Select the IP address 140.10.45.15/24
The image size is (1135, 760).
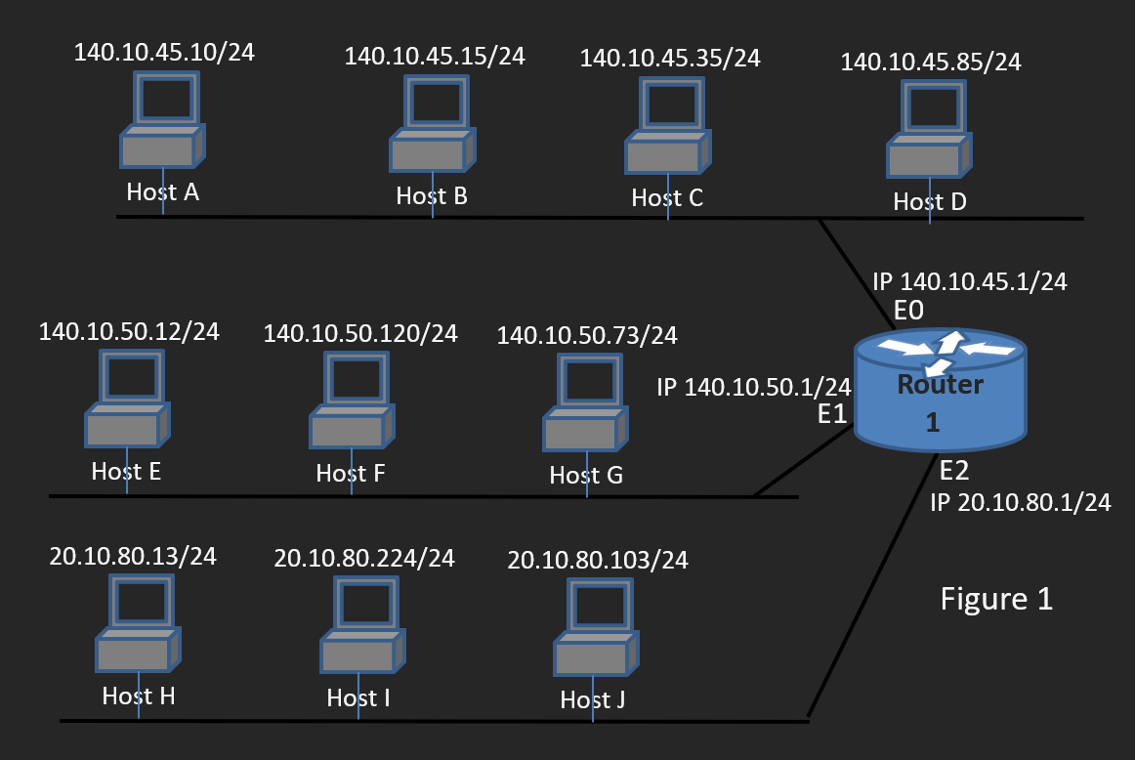(x=435, y=57)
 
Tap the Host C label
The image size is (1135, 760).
(x=667, y=198)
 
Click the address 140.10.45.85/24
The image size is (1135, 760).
(x=931, y=63)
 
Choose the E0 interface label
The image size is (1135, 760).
(x=908, y=311)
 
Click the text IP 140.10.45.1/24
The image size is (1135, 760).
(x=969, y=282)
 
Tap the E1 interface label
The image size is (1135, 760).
(x=832, y=414)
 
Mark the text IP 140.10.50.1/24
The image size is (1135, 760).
(x=754, y=387)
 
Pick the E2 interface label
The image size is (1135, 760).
(x=954, y=472)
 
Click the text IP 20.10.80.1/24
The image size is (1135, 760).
(x=1021, y=503)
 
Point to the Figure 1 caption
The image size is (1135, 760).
(x=996, y=598)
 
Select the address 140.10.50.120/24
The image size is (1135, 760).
(x=360, y=334)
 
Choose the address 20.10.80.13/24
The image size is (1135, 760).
(x=133, y=557)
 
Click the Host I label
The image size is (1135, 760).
(x=358, y=698)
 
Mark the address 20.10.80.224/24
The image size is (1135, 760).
(x=364, y=558)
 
